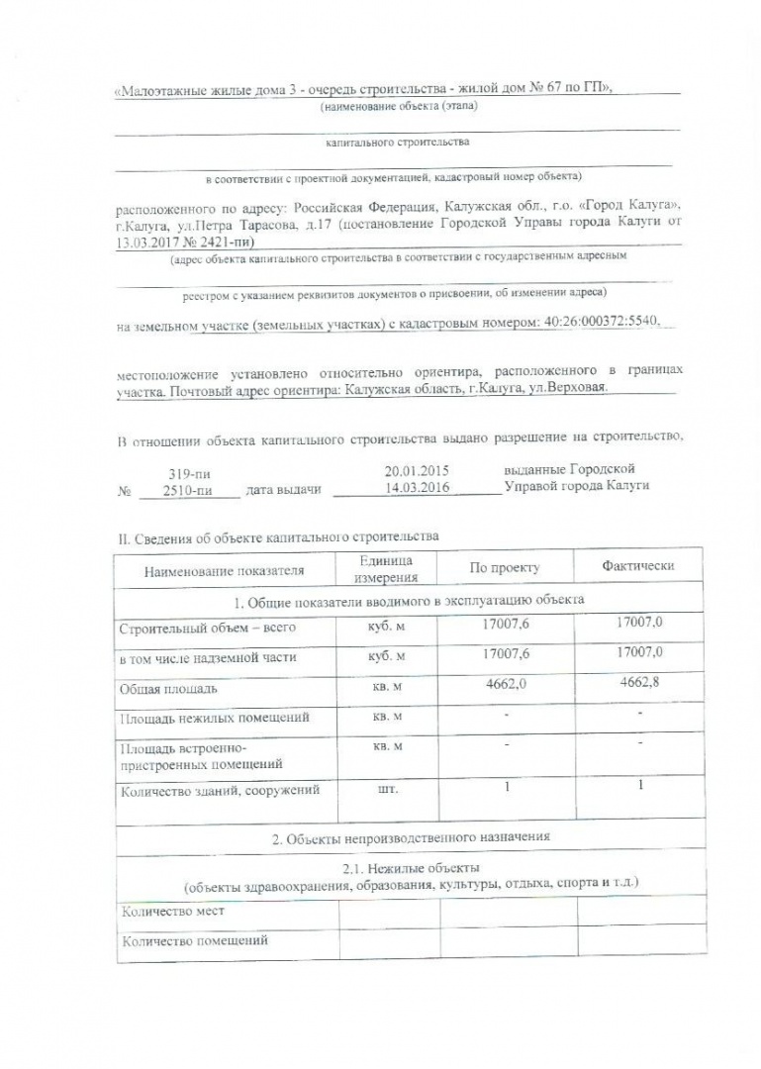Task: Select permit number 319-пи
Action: coord(185,474)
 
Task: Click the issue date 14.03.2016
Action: coord(417,488)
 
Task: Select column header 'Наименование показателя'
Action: coord(225,570)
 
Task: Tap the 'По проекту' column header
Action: coord(506,569)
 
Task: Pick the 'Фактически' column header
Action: coord(638,566)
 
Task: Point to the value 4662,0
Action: coord(506,684)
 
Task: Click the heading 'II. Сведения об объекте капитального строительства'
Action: coord(278,537)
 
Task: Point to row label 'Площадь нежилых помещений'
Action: coord(214,717)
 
